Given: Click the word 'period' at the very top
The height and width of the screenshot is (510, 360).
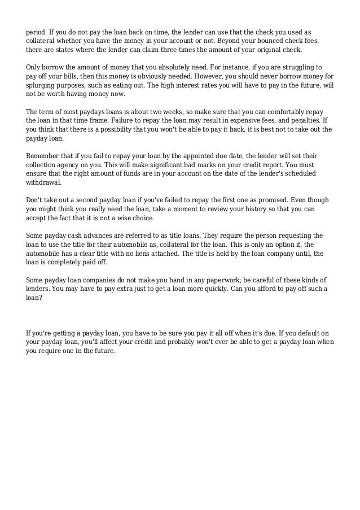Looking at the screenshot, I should tap(36, 27).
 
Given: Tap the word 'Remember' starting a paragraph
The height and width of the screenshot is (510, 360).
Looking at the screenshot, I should tap(43, 154).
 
